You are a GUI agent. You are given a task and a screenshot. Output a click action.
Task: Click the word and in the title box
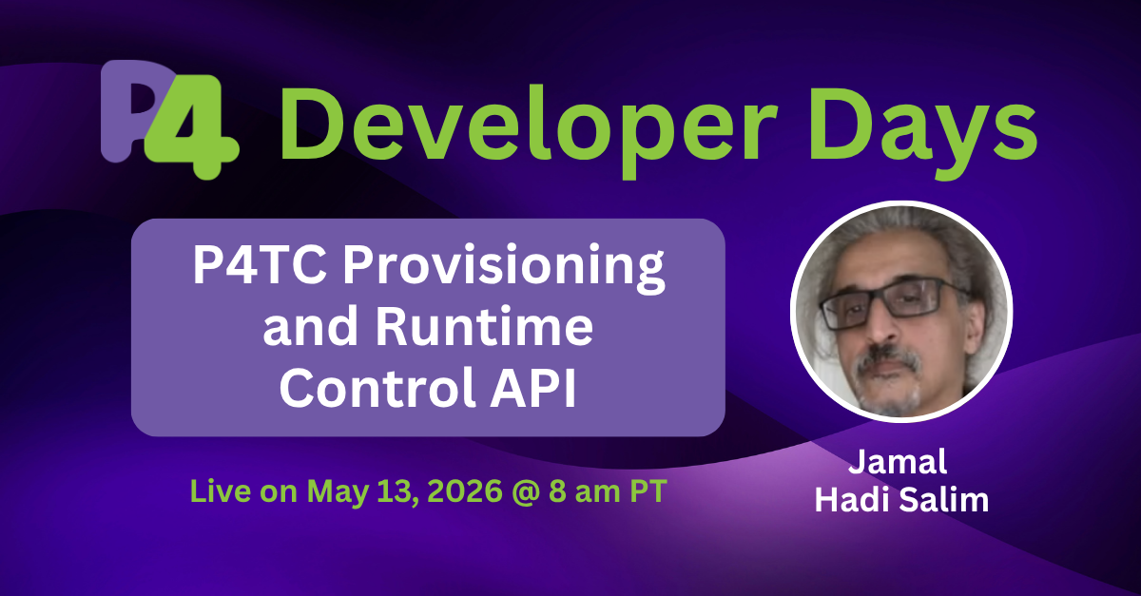click(309, 330)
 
